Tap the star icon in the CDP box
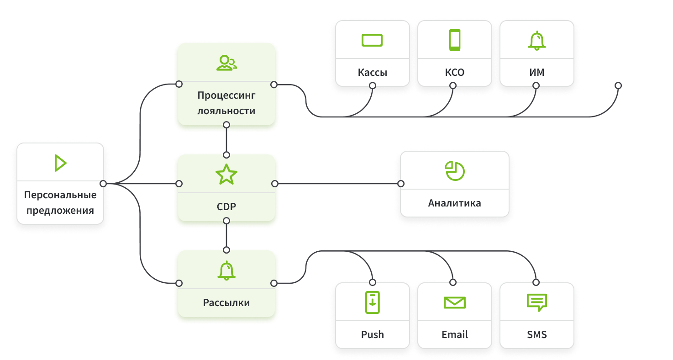point(226,175)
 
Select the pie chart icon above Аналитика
point(454,170)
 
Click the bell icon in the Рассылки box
point(226,270)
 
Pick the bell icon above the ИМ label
point(537,41)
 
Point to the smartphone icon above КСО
point(455,40)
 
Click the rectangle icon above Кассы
point(372,40)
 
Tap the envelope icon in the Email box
point(455,302)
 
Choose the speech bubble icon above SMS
point(537,302)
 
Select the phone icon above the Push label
point(373,302)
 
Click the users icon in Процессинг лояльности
point(226,63)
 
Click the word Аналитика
point(454,203)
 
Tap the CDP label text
point(226,207)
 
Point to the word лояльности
point(226,111)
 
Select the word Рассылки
point(226,303)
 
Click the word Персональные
point(60,195)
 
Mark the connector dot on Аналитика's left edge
point(401,184)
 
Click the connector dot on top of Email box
point(453,282)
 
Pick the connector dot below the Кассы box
point(373,85)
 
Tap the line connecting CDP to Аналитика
point(338,184)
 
